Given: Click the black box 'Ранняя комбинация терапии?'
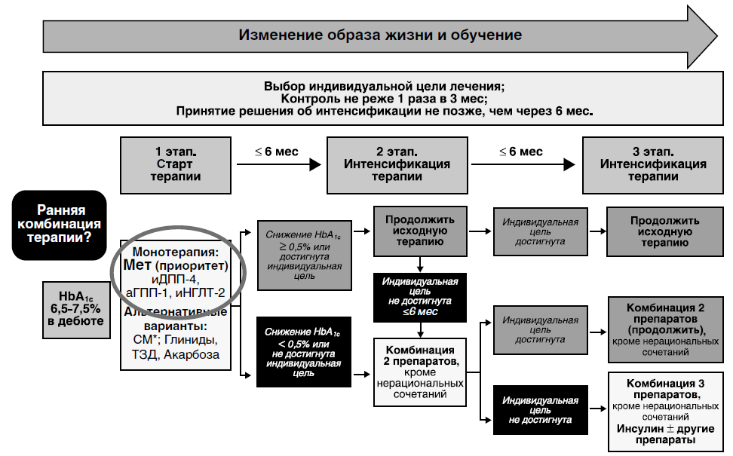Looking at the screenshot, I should [59, 225].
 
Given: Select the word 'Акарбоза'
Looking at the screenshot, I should [194, 354].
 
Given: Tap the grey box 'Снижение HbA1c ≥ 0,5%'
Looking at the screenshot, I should [303, 255].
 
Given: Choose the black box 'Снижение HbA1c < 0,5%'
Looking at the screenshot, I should [303, 352].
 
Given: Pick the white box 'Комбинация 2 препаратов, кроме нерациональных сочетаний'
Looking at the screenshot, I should [420, 372].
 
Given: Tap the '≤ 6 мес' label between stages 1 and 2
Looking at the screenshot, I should [277, 152].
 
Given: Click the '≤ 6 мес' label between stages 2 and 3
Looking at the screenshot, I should [520, 152].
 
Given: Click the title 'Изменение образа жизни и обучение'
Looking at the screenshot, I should [380, 35].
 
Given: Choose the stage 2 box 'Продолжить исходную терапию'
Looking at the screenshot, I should [420, 231].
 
